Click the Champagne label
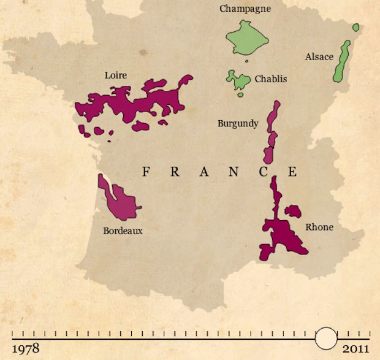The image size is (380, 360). [245, 9]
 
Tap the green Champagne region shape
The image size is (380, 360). [247, 39]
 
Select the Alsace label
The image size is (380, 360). [319, 57]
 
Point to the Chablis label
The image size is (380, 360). [270, 79]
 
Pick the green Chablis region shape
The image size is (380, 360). [238, 81]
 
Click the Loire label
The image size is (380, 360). [116, 75]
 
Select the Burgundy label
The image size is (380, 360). [238, 123]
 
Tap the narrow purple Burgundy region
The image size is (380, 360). [270, 132]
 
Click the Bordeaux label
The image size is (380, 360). [123, 231]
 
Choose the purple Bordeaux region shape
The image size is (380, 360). [120, 201]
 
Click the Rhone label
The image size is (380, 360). [319, 227]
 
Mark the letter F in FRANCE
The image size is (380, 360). [146, 172]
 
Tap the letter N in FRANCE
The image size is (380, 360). [234, 172]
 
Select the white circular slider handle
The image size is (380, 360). [325, 338]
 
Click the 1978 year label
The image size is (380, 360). [26, 349]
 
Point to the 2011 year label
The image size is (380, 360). [355, 349]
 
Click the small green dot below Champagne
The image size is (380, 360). [246, 61]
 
